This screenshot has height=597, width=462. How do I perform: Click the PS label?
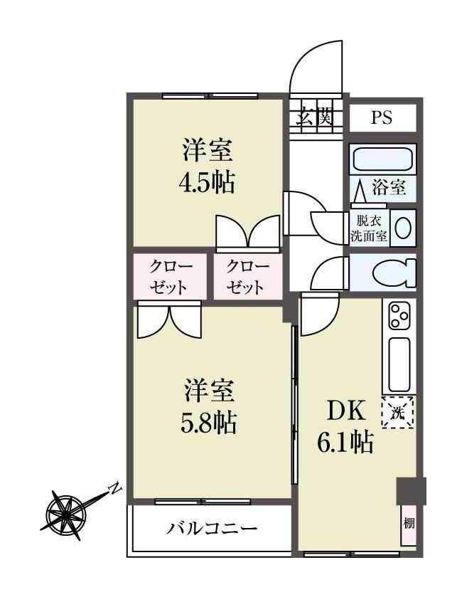382,117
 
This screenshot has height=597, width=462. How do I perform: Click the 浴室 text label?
389,187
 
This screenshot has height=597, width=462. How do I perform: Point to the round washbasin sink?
403,228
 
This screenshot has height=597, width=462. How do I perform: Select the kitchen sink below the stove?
399,364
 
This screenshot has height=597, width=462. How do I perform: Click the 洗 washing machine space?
398,412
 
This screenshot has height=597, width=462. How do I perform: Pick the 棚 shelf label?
409,524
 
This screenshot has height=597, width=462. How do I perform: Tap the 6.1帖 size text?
345,442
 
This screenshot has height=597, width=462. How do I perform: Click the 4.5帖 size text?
207,182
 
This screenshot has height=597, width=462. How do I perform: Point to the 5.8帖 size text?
208,422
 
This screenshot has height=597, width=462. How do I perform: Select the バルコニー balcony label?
212,529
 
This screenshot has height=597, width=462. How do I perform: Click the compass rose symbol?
65,514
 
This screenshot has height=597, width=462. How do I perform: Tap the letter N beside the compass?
114,489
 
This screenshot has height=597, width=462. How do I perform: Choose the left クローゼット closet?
170,276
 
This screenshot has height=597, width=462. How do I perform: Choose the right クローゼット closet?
247,276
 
